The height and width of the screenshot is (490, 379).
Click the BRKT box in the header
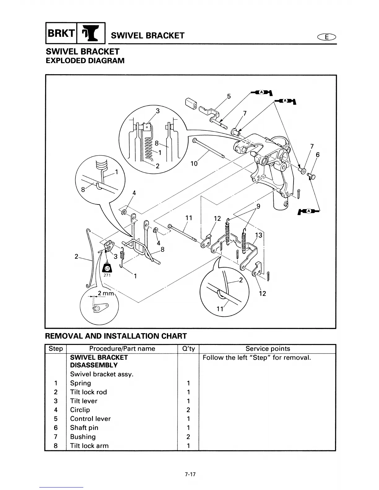click(61, 34)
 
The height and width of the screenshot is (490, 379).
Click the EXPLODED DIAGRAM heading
click(85, 61)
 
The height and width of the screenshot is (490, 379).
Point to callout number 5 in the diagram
click(229, 96)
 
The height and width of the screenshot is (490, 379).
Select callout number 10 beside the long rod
click(194, 163)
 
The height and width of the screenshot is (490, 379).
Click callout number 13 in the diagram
click(259, 235)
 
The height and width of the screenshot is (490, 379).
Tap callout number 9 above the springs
click(258, 206)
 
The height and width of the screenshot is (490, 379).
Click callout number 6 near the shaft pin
click(317, 155)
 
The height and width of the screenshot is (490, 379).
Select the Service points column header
click(268, 349)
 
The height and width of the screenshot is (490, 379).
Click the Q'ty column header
click(188, 349)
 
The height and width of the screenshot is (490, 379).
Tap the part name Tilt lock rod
click(88, 392)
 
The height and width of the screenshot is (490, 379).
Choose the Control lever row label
click(90, 419)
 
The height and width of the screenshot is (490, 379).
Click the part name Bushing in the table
click(83, 436)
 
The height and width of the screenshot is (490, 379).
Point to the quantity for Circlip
click(188, 410)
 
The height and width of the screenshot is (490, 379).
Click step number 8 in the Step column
click(56, 445)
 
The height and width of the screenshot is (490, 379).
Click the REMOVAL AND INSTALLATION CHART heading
click(116, 336)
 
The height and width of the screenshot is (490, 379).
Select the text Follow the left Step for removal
click(256, 358)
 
